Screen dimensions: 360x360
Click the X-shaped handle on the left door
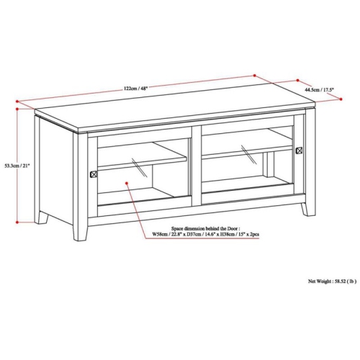[x=92, y=174]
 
